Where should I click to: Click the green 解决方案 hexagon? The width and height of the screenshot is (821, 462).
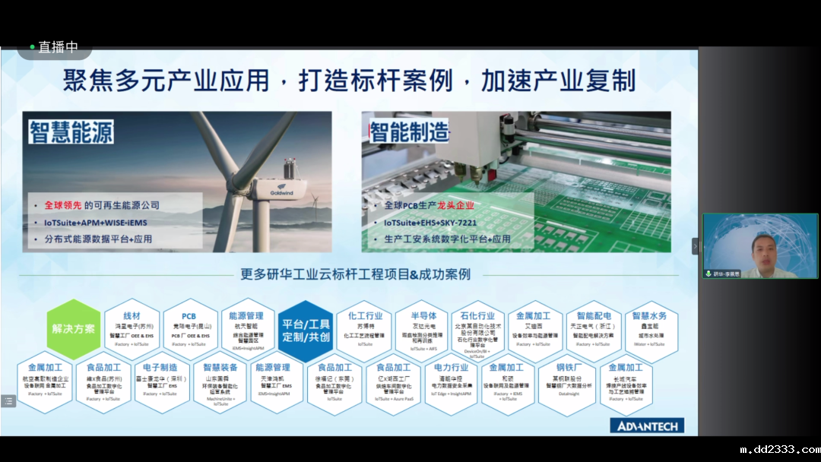click(74, 330)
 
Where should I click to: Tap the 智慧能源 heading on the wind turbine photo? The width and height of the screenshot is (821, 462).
click(72, 131)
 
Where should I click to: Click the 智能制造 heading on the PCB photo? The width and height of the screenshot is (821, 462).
click(410, 131)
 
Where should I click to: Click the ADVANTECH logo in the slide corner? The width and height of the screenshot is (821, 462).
click(647, 426)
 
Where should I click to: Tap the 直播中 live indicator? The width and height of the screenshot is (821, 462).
click(54, 47)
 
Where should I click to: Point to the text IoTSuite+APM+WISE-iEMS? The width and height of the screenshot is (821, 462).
click(96, 223)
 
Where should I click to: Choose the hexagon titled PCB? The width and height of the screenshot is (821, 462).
click(189, 316)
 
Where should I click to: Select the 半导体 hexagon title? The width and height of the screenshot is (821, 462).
click(423, 315)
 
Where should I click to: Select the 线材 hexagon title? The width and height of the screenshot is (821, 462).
click(132, 316)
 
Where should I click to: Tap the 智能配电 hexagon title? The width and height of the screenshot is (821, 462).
click(594, 315)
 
